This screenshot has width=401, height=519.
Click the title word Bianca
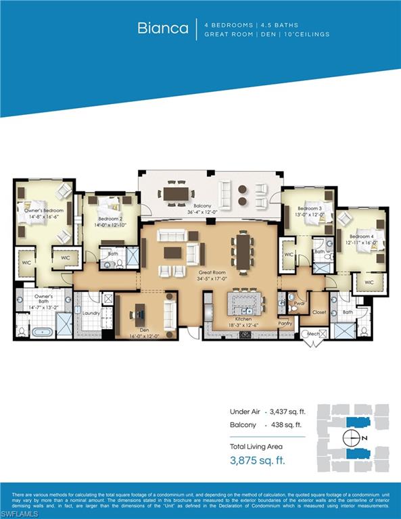coord(163,28)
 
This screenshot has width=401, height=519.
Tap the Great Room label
coord(213,272)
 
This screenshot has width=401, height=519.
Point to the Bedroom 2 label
coord(110,220)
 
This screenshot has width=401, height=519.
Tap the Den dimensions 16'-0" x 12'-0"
coord(143,336)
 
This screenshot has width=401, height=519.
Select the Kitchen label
coord(242,317)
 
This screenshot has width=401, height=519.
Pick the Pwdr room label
coord(300,304)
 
